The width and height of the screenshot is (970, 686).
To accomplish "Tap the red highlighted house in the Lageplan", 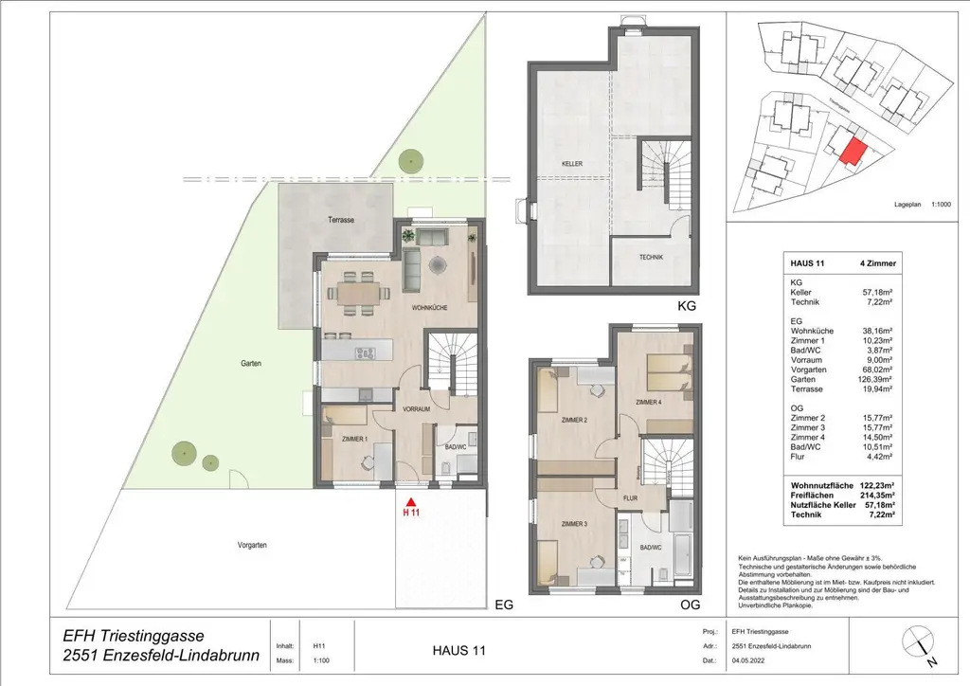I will coord(853,152).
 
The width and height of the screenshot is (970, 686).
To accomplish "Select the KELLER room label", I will coord(570,164).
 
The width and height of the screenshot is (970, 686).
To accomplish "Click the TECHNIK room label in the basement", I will coord(651,258).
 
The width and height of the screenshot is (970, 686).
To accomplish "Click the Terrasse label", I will coord(341,219).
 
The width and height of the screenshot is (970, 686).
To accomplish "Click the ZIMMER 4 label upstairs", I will coord(650,403).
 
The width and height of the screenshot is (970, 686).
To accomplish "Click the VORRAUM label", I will coord(417,409).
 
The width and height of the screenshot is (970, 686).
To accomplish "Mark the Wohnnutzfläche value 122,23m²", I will coord(872,484).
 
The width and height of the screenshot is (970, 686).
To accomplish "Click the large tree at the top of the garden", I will coord(410,161).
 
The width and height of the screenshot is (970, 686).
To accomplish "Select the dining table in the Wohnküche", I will coord(356,292).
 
